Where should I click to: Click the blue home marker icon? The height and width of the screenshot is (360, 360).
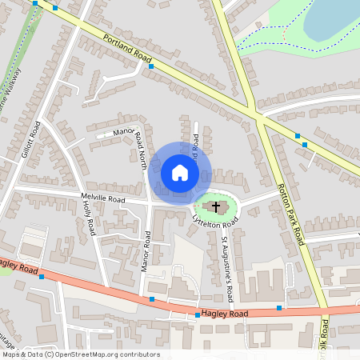coord(179,173)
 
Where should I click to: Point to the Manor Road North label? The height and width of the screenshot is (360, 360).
coord(134,146)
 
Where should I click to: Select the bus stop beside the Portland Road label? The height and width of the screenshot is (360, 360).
coord(151,66)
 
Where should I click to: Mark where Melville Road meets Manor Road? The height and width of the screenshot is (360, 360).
coord(150,203)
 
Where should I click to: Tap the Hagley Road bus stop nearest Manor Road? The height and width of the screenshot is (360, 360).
coord(152,299)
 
